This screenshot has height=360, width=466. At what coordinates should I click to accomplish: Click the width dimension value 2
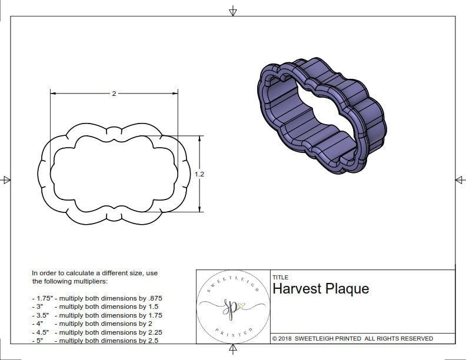click(x=114, y=94)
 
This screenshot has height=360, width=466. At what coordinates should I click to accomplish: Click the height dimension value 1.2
click(x=200, y=174)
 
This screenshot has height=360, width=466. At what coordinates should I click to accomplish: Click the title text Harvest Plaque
click(x=321, y=289)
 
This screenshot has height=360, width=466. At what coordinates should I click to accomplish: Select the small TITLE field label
click(x=280, y=278)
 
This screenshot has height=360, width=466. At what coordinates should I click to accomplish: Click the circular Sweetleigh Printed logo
click(x=232, y=306)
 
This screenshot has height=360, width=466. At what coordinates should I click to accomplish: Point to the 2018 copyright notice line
click(x=352, y=338)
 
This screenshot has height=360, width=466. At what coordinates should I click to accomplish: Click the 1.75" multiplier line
click(x=97, y=299)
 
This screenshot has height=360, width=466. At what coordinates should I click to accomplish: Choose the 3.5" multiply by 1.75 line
click(x=97, y=315)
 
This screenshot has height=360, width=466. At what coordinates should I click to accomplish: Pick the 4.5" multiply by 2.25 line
click(x=97, y=332)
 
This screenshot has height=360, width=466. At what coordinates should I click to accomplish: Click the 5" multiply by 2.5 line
click(x=95, y=340)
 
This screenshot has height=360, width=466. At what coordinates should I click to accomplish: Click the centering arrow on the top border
click(x=233, y=11)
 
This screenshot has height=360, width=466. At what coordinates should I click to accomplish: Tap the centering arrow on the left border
click(x=6, y=180)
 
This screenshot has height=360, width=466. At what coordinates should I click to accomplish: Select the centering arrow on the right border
click(x=460, y=180)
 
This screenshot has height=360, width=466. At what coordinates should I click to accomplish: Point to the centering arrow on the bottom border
click(x=233, y=350)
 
